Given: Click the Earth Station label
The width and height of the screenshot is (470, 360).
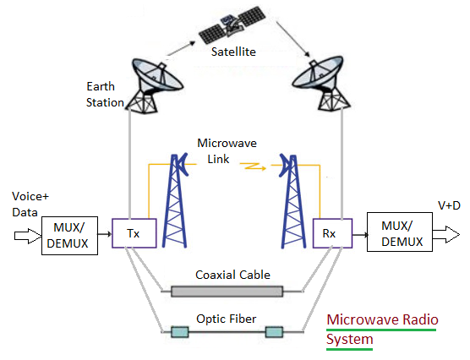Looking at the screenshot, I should click(106, 95).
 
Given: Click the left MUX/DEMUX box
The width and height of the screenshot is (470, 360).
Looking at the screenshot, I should click(70, 234).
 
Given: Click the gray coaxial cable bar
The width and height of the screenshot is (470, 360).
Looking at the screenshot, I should click(227, 292).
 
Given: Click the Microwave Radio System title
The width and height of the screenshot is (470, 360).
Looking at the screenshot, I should click(380, 330).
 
